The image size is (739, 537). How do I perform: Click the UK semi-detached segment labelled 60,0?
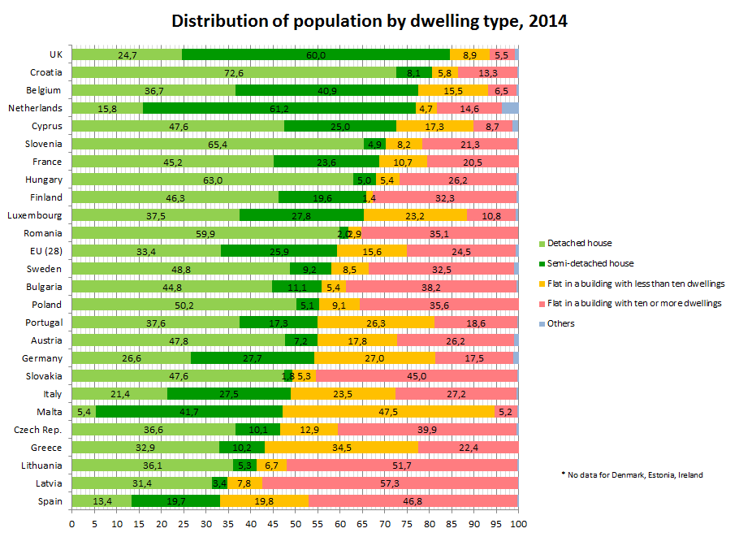(316, 54)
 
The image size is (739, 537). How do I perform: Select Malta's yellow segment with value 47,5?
(389, 412)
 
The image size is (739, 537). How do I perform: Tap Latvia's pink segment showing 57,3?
(391, 483)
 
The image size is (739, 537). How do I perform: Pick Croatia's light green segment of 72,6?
(234, 72)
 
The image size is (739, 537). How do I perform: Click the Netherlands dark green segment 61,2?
(279, 108)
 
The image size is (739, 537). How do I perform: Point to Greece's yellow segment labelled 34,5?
(342, 448)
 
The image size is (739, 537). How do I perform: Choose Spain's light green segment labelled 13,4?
(102, 501)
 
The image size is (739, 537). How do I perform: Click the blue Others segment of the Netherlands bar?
(510, 108)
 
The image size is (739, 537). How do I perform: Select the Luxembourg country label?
(34, 215)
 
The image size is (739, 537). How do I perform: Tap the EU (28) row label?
(45, 251)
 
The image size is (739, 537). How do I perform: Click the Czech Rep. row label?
(37, 430)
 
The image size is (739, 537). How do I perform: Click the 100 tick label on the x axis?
(518, 524)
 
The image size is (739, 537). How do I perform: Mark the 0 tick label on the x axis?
(72, 524)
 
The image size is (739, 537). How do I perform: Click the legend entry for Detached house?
(576, 243)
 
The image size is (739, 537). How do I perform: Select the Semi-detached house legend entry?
(586, 263)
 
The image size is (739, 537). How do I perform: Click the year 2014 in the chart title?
(548, 21)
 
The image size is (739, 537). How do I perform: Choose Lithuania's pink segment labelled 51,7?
(402, 466)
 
